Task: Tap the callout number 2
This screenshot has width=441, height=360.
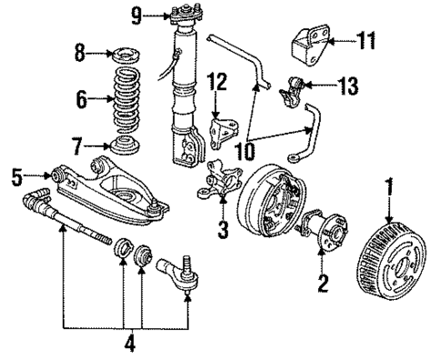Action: coord(320,282)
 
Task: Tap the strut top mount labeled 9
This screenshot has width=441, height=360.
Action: coord(181,17)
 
